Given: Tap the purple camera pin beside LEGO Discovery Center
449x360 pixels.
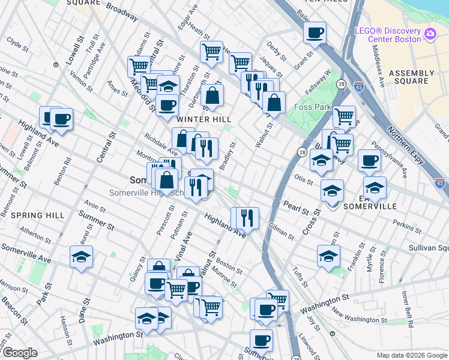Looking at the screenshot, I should click(x=430, y=34).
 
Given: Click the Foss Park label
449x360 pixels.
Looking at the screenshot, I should click(x=313, y=107).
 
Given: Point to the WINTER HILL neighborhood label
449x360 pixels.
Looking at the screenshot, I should click(x=203, y=119).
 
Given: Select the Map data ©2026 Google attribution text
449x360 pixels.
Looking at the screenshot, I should click(x=412, y=355).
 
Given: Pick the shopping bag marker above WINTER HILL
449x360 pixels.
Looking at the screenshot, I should click(x=212, y=95).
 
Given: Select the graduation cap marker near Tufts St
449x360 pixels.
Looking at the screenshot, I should click(x=328, y=256).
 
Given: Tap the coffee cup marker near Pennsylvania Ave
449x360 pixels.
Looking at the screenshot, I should click(x=369, y=161).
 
